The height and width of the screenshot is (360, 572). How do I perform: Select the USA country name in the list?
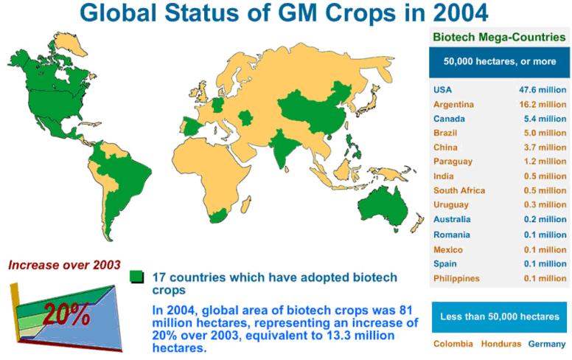pyautogui.click(x=442, y=90)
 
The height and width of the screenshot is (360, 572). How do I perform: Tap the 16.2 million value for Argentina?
pyautogui.click(x=543, y=105)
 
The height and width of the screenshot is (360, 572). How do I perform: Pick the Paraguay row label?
pyautogui.click(x=453, y=162)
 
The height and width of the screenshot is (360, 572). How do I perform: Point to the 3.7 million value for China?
pyautogui.click(x=545, y=147)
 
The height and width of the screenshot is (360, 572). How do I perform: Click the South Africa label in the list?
pyautogui.click(x=459, y=190)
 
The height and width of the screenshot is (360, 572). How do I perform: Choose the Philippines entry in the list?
pyautogui.click(x=456, y=278)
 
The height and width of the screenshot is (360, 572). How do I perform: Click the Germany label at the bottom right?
pyautogui.click(x=547, y=344)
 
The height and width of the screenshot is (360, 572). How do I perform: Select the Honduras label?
pyautogui.click(x=501, y=344)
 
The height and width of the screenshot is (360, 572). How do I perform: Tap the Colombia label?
pyautogui.click(x=453, y=344)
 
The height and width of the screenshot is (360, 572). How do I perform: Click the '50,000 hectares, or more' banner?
pyautogui.click(x=500, y=62)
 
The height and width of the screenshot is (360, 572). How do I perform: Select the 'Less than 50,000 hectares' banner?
pyautogui.click(x=500, y=316)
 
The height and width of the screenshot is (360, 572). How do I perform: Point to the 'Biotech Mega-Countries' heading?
pyautogui.click(x=499, y=37)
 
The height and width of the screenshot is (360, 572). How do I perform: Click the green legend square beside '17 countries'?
pyautogui.click(x=137, y=277)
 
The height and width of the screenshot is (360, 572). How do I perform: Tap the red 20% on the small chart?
pyautogui.click(x=66, y=314)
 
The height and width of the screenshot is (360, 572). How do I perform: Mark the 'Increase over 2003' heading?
pyautogui.click(x=64, y=265)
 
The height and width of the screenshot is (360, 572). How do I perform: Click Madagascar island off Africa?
pyautogui.click(x=246, y=204)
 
